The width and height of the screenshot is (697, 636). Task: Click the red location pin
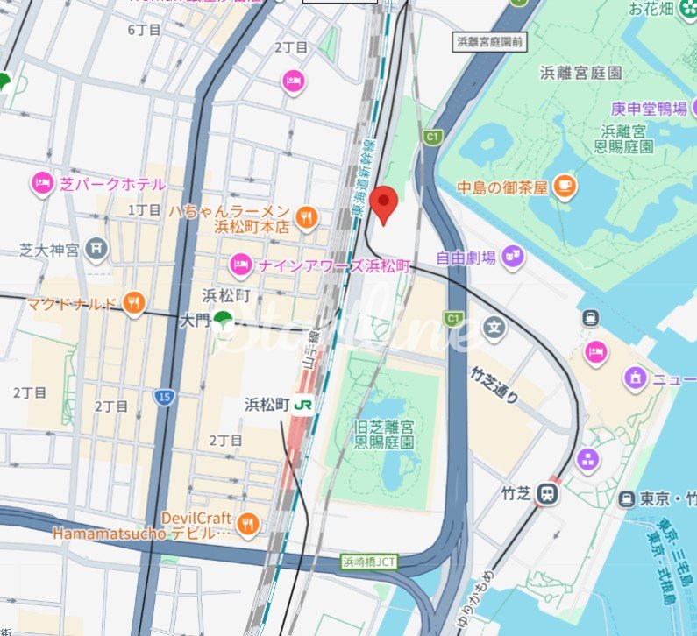point(384,203)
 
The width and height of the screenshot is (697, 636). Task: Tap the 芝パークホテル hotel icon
point(43,184)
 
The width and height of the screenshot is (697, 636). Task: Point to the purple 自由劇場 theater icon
point(513,258)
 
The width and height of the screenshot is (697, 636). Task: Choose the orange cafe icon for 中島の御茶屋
point(565,187)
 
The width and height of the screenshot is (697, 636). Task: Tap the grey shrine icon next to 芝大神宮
point(96,250)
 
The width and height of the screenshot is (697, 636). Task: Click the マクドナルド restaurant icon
point(133,304)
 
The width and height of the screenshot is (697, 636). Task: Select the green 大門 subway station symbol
point(224,322)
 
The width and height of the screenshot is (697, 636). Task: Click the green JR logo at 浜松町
point(304,405)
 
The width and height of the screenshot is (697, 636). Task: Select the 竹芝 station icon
point(549,493)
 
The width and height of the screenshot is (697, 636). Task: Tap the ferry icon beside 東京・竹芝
point(626,499)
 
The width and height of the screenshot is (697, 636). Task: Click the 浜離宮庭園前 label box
point(490,41)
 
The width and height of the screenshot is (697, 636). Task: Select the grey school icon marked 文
point(494,330)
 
